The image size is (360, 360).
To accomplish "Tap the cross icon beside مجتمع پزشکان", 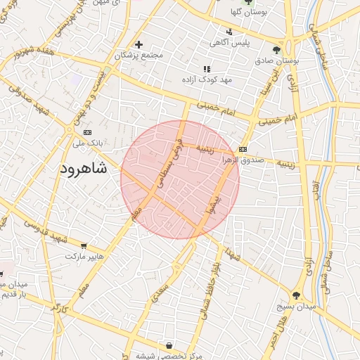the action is [139, 44].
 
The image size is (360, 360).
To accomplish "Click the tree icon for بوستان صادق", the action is [276, 50].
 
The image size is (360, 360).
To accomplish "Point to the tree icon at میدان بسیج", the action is [297, 295].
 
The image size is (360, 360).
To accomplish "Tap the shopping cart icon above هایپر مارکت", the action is [84, 246].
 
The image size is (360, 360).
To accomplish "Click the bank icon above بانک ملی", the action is [87, 131].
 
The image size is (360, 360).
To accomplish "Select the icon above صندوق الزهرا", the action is [243, 149].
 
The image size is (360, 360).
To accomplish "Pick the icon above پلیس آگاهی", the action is [229, 32].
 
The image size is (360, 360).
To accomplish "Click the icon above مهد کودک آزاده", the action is [206, 69].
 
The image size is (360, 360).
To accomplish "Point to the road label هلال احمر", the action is [278, 331].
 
